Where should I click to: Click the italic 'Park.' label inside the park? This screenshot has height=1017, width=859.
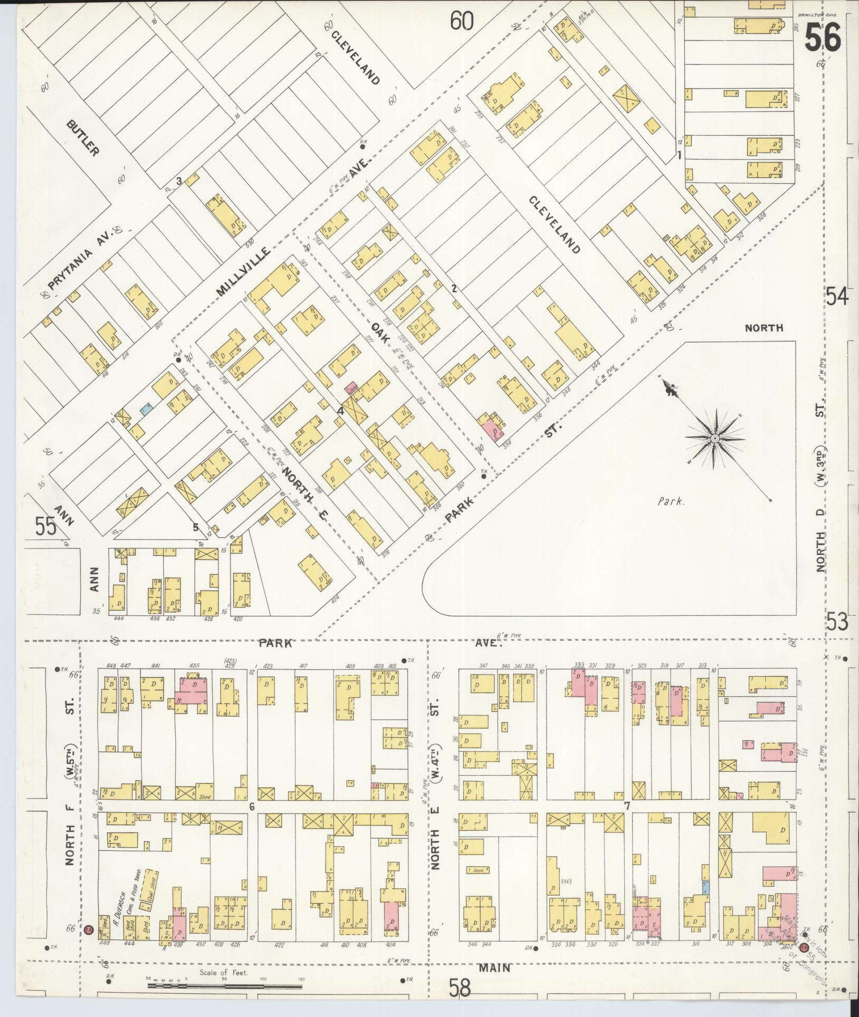(671, 502)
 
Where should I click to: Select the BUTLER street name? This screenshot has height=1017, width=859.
(83, 138)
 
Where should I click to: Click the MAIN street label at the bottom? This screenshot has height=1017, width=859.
(495, 968)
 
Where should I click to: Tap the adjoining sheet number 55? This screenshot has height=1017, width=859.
(46, 526)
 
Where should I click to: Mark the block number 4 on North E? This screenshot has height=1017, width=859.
(341, 411)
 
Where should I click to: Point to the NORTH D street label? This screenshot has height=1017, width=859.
(820, 549)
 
